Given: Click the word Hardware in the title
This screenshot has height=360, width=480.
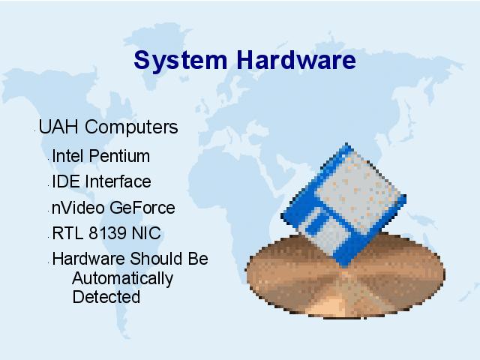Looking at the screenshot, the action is pos(296,59).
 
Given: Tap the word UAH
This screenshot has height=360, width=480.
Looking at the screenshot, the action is pos(58,127).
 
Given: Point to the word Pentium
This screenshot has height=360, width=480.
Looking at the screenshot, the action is pos(119,156).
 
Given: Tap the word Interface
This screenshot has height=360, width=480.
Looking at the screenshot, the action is pos(118,181).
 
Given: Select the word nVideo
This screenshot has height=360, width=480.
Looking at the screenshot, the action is pos(78,208).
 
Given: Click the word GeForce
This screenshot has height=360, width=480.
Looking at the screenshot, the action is pos(142,208).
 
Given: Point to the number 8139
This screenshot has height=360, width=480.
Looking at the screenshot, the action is pos(107,233).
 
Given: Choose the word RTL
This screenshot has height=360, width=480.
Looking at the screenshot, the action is pos(67,233).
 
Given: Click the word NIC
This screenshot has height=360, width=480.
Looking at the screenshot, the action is pos(146,233).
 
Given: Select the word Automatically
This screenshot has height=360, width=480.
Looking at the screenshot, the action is pos(123,279).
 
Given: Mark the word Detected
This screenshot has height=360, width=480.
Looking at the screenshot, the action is pos(106,297).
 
